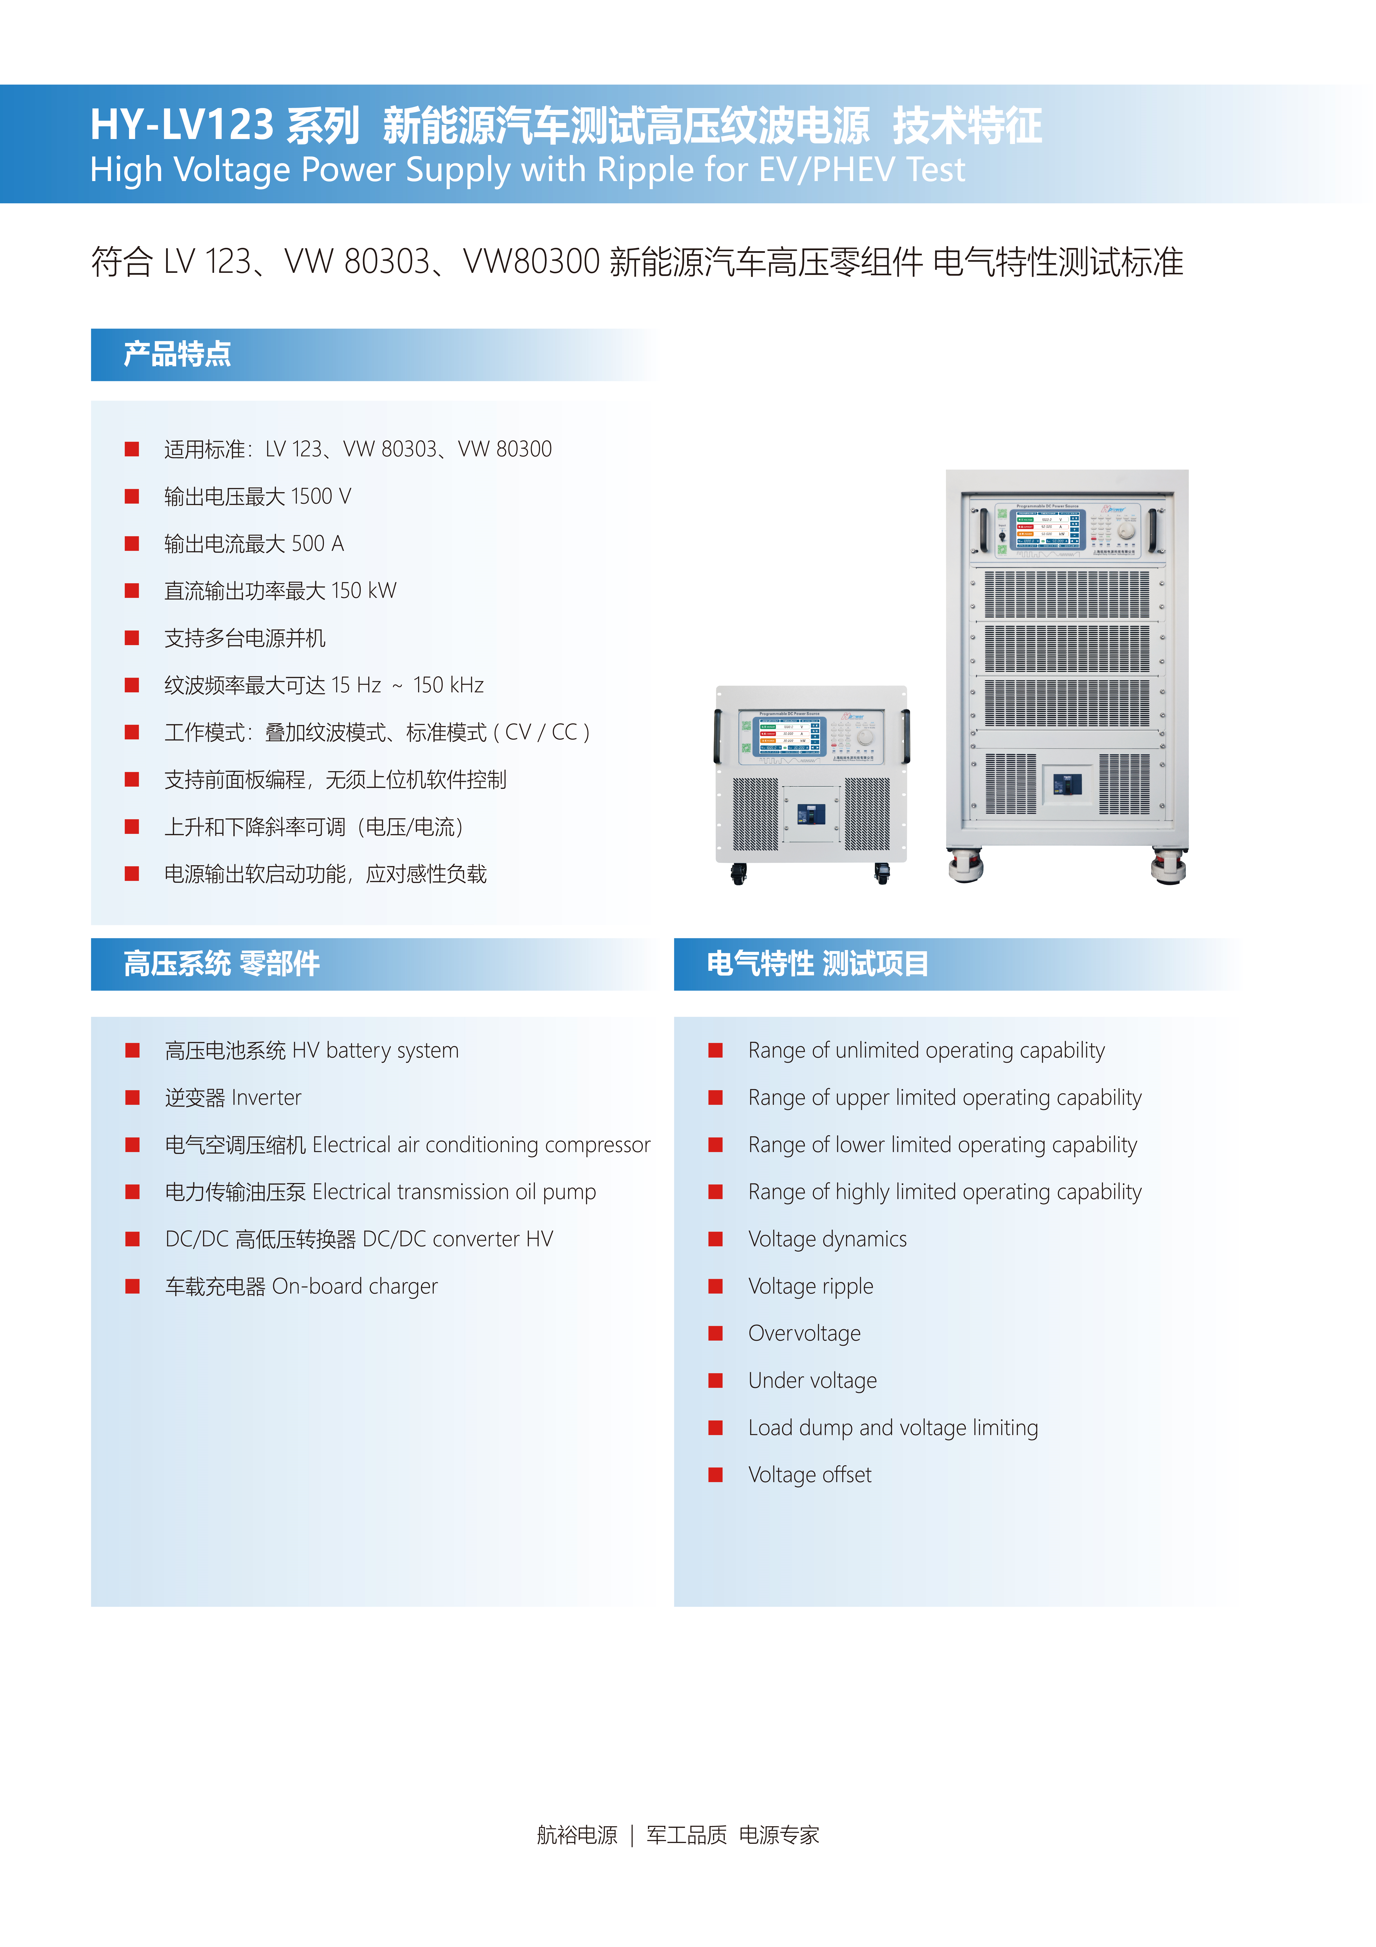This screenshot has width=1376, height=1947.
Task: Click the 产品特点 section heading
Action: [x=177, y=354]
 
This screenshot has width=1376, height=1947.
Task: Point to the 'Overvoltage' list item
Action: [x=804, y=1333]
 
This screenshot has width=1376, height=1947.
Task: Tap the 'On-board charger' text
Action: [x=354, y=1286]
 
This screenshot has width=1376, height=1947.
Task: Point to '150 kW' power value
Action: [x=364, y=591]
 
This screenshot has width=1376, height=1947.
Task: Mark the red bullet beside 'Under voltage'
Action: [x=716, y=1381]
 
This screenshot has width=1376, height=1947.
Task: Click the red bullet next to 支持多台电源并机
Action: [x=131, y=638]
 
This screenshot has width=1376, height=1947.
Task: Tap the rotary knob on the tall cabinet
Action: [x=1126, y=531]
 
